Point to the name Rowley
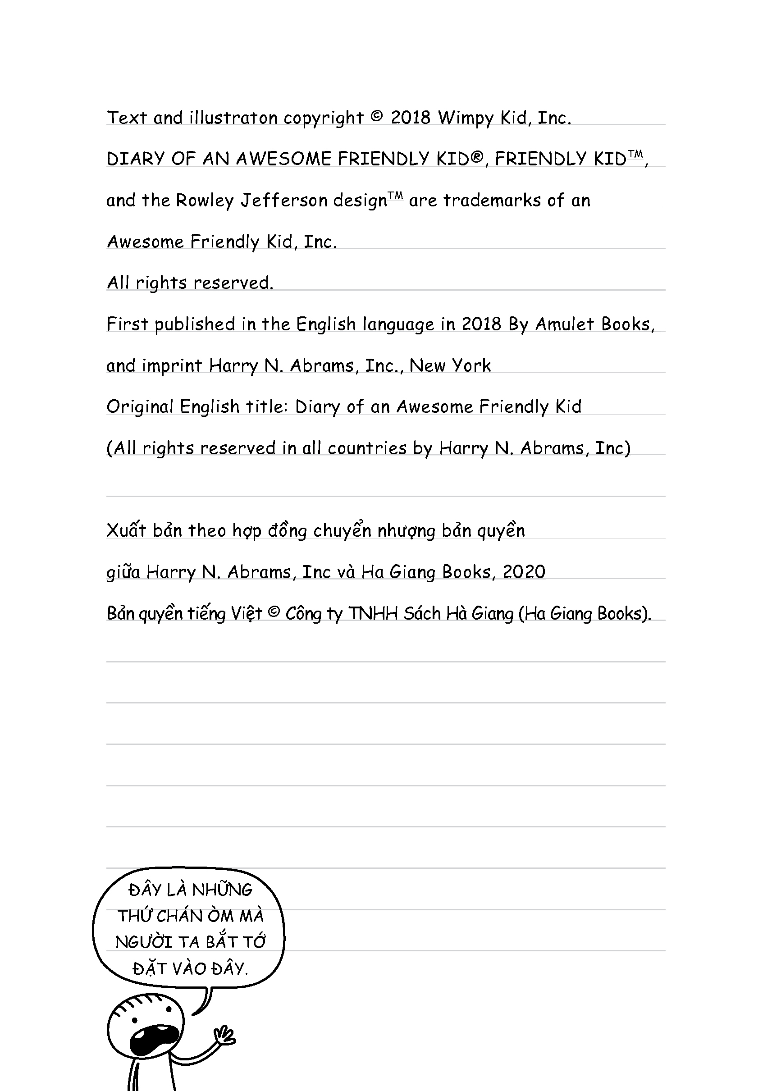pyautogui.click(x=205, y=201)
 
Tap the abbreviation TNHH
pyautogui.click(x=373, y=614)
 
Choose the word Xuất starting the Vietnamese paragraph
pyautogui.click(x=126, y=530)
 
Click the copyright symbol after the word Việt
pyautogui.click(x=274, y=612)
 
